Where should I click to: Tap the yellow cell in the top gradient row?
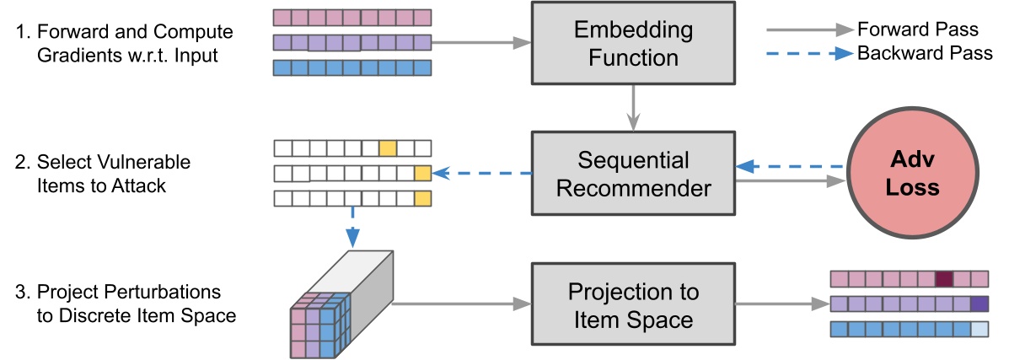click(387, 148)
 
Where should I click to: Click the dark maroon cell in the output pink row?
click(943, 279)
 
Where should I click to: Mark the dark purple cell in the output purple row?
click(979, 304)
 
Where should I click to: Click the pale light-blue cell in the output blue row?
click(979, 329)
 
